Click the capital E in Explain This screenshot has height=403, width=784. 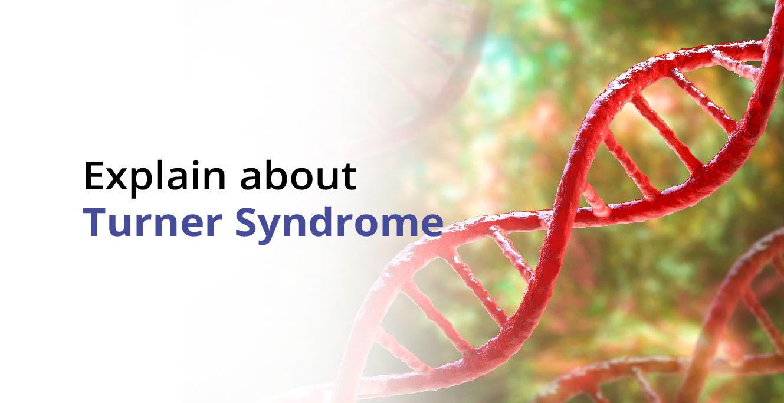pos(94,176)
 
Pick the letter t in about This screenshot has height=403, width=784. pos(347,177)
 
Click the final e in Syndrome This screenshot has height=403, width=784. pos(431,225)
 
